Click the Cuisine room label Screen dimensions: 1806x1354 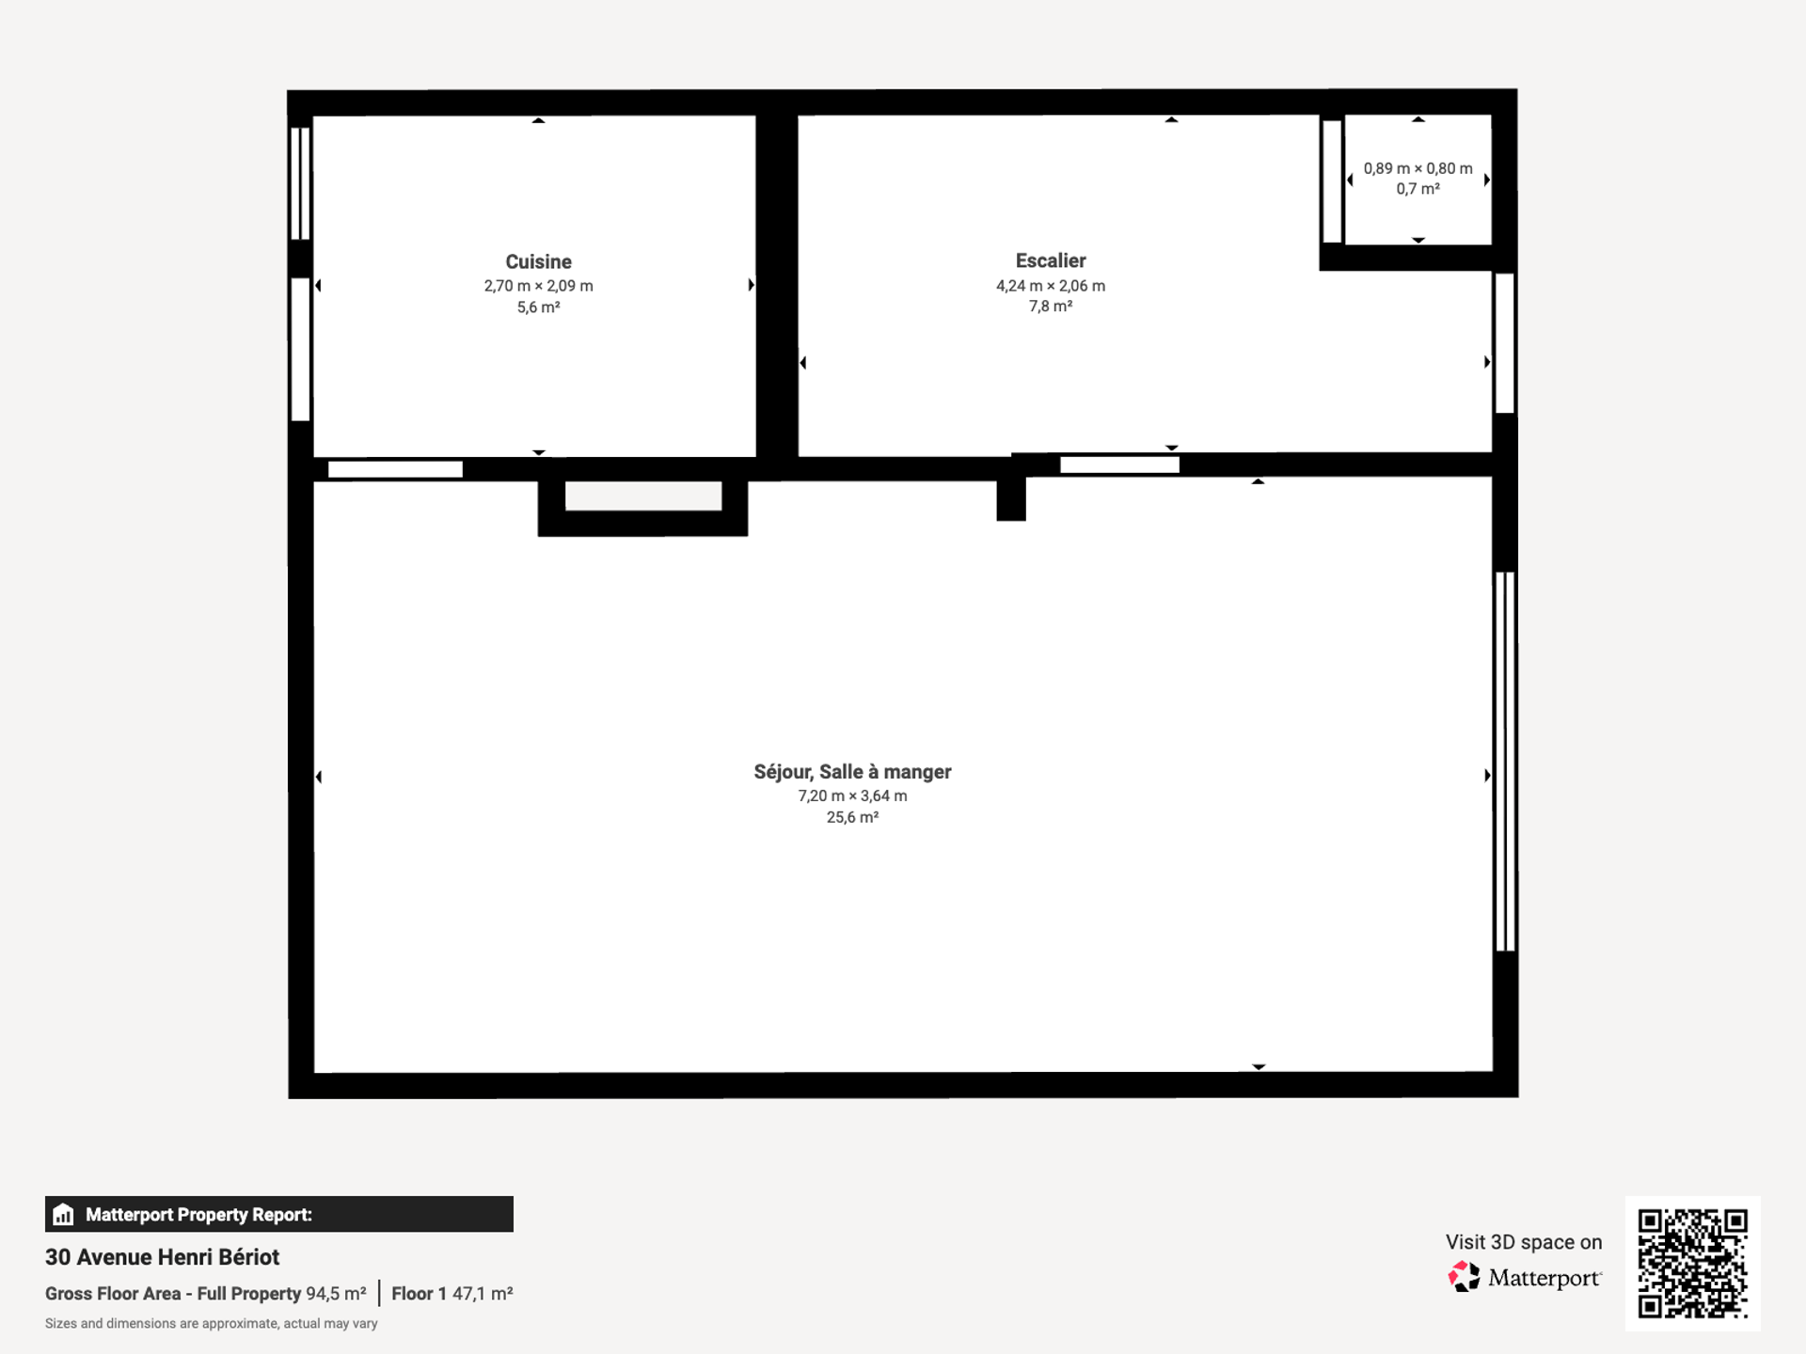pyautogui.click(x=538, y=261)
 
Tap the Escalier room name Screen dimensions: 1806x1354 pyautogui.click(x=1051, y=260)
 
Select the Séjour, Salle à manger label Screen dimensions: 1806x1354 pyautogui.click(x=852, y=772)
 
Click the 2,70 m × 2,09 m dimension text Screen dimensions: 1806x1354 pyautogui.click(x=538, y=286)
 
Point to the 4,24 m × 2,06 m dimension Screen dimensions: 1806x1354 pyautogui.click(x=1051, y=286)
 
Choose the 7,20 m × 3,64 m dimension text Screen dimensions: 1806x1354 pyautogui.click(x=852, y=795)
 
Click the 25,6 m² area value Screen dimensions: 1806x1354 pyautogui.click(x=852, y=817)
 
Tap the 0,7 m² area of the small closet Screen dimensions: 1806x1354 pyautogui.click(x=1418, y=189)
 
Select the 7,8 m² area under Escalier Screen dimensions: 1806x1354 pyautogui.click(x=1051, y=307)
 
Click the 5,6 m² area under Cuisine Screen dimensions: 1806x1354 pyautogui.click(x=538, y=307)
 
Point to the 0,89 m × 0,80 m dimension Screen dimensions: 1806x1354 pyautogui.click(x=1418, y=168)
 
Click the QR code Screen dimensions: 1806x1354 pyautogui.click(x=1692, y=1263)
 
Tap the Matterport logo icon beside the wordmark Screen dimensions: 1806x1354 pyautogui.click(x=1464, y=1277)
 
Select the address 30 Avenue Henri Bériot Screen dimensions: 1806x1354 pyautogui.click(x=162, y=1257)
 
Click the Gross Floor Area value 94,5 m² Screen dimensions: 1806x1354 pyautogui.click(x=336, y=1294)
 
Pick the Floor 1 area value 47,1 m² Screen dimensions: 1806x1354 pyautogui.click(x=483, y=1294)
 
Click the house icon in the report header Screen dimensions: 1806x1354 pyautogui.click(x=63, y=1214)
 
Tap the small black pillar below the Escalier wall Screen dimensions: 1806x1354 pyautogui.click(x=1011, y=498)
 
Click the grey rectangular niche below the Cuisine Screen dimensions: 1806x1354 pyautogui.click(x=643, y=496)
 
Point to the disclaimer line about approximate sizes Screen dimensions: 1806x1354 pyautogui.click(x=212, y=1324)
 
